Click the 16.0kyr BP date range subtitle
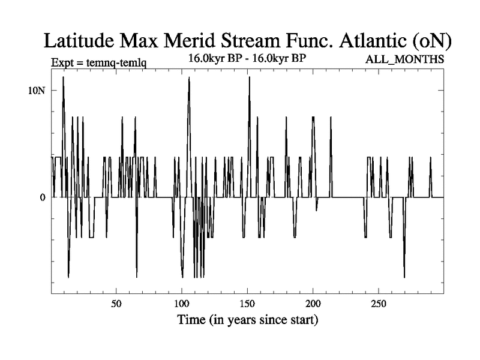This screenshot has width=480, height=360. coord(247,59)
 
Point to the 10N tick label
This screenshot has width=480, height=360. coord(37,90)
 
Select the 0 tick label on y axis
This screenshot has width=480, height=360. coord(43,197)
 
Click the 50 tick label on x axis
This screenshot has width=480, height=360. coord(116,303)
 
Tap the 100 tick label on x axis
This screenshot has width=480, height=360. coord(182,303)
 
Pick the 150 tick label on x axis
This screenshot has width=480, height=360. coord(248,303)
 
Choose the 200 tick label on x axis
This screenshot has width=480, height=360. coord(313,303)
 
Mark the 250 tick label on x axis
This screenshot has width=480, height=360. coord(379,303)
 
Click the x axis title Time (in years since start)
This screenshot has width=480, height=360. coord(247,319)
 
